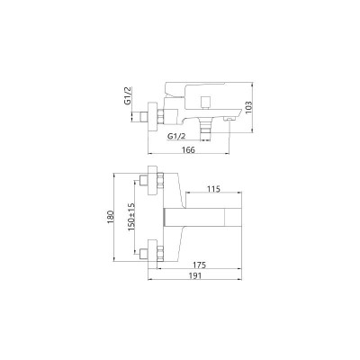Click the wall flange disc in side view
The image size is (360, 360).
point(157,115)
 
